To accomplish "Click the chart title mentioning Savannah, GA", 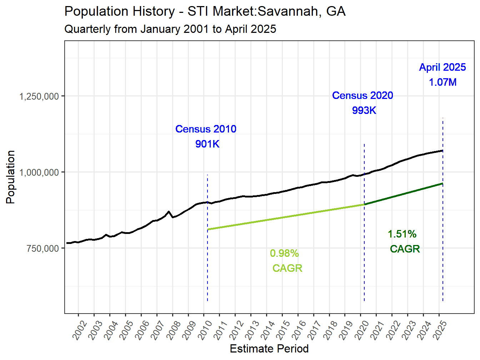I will (205, 11).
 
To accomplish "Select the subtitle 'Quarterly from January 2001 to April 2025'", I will (170, 29).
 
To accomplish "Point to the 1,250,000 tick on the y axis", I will (39, 96).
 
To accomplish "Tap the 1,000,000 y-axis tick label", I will (39, 172).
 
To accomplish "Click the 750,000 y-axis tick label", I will (42, 249).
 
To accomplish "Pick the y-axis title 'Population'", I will (10, 177).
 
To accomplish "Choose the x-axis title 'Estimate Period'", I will (269, 349).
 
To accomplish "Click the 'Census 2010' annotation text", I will (206, 129).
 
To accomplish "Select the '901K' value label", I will (207, 144).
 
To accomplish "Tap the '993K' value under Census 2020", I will (364, 110).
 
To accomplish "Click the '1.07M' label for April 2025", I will (442, 82).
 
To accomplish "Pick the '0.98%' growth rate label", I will (284, 253).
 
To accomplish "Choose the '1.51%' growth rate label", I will (402, 234).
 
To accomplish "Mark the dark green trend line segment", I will (404, 194).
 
